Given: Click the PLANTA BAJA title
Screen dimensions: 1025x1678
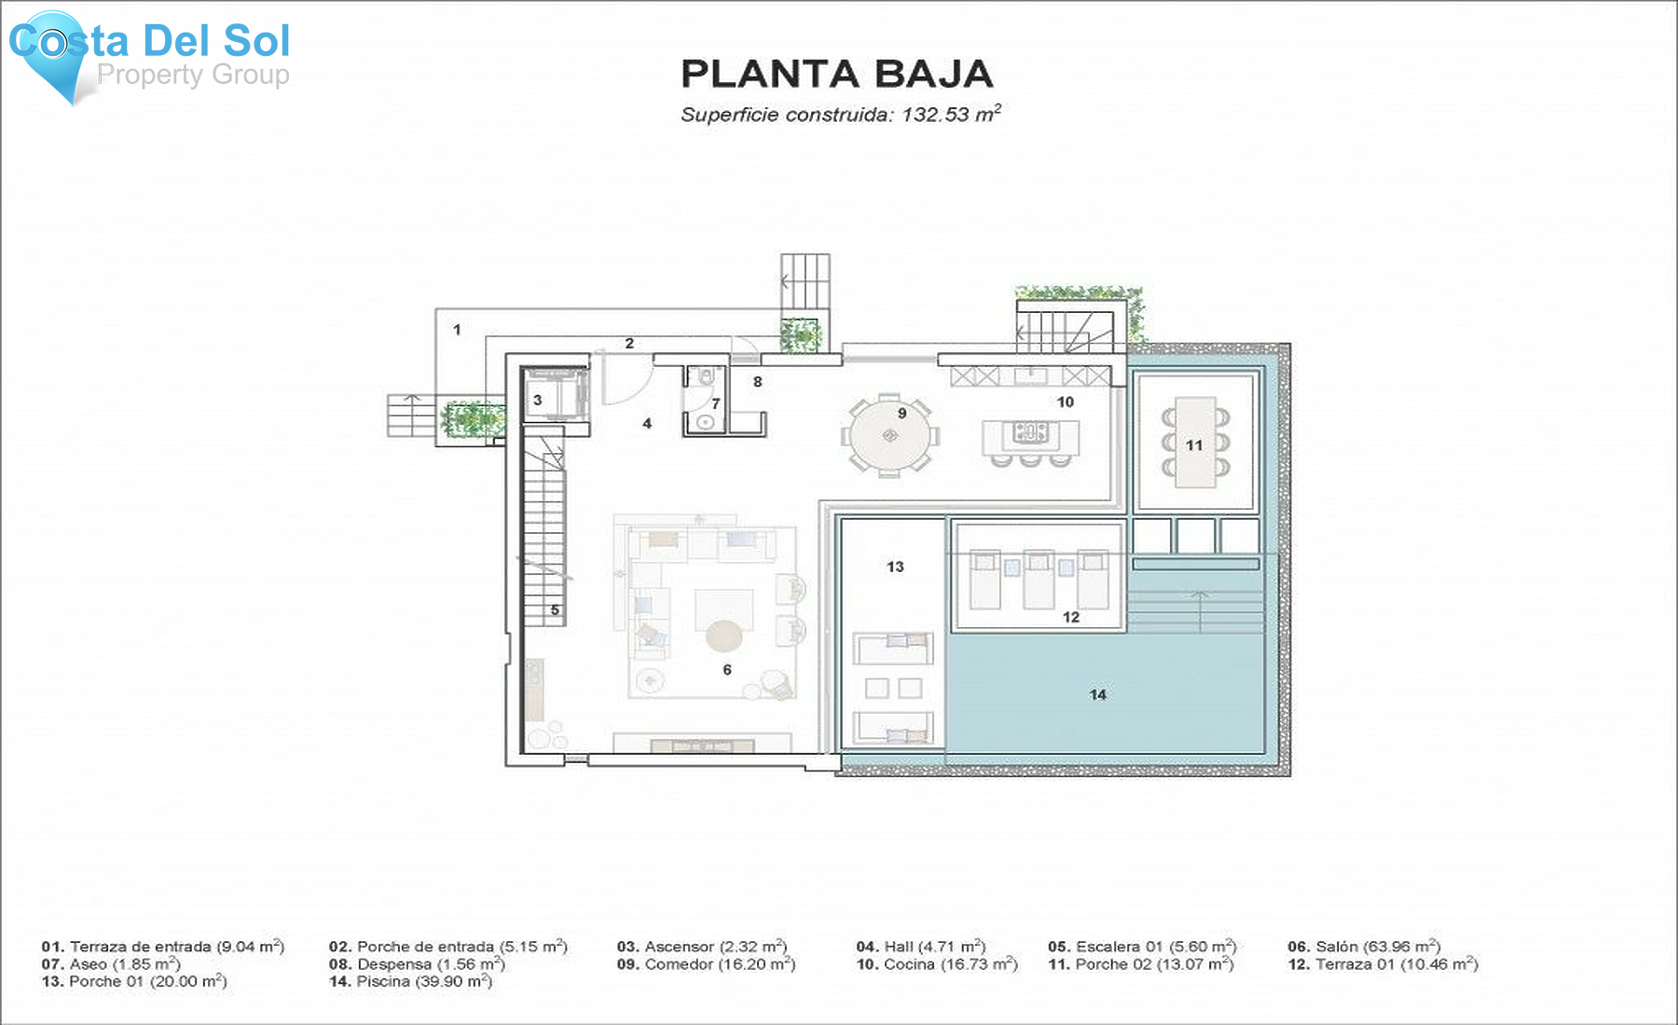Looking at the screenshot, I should pos(836,75).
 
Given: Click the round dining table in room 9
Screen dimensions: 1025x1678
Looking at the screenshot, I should pos(889,436).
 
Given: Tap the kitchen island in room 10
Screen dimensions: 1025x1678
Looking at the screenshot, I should pos(1030,436).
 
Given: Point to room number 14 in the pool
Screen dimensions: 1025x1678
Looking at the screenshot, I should pos(1097,694).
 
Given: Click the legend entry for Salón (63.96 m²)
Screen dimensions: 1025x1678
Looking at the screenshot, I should pos(1364,947).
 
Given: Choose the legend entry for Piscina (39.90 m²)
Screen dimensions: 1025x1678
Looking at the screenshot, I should pos(410,981).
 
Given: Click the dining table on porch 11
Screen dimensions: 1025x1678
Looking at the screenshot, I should pos(1194,443).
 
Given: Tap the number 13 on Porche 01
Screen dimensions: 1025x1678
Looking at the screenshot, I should pos(895,567).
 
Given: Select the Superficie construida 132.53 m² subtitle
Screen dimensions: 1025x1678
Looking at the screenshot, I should pos(840,115).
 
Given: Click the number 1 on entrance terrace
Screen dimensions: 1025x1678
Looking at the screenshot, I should pos(457,329).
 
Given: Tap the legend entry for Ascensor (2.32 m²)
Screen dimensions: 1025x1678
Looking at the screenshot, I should pos(702,947).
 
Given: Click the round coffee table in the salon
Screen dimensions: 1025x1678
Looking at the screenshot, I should pos(723,636).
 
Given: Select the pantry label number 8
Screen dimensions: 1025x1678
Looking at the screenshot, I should pos(758,381).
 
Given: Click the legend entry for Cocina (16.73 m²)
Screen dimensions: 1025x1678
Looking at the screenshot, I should pos(937,964).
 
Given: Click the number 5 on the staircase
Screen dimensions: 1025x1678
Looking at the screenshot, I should pos(555,610).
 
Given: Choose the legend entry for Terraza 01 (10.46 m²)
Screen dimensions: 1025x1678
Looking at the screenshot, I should pos(1382,964).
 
